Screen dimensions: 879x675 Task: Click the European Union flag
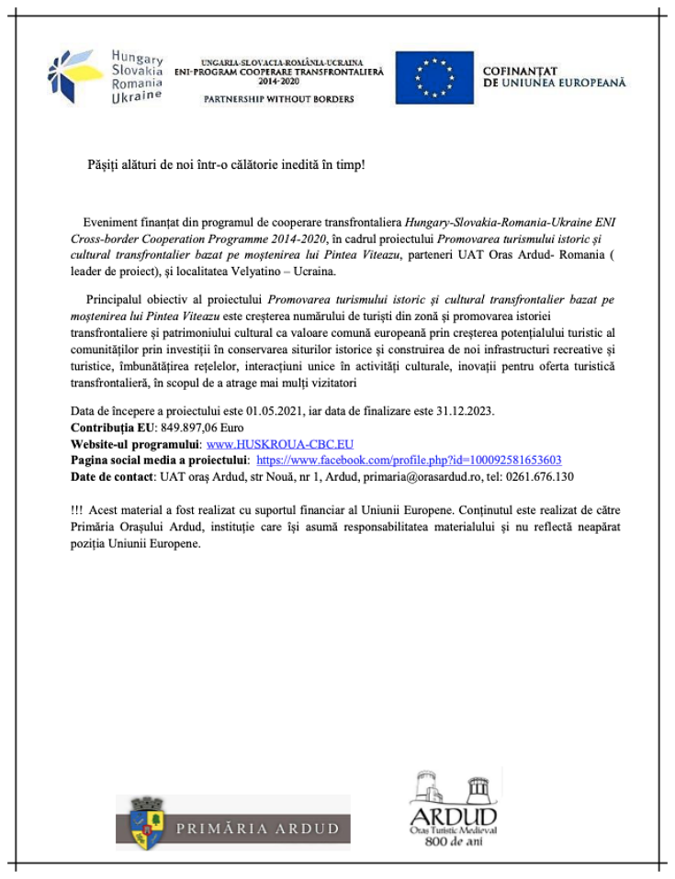point(434,78)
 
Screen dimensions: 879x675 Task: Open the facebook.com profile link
point(409,460)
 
